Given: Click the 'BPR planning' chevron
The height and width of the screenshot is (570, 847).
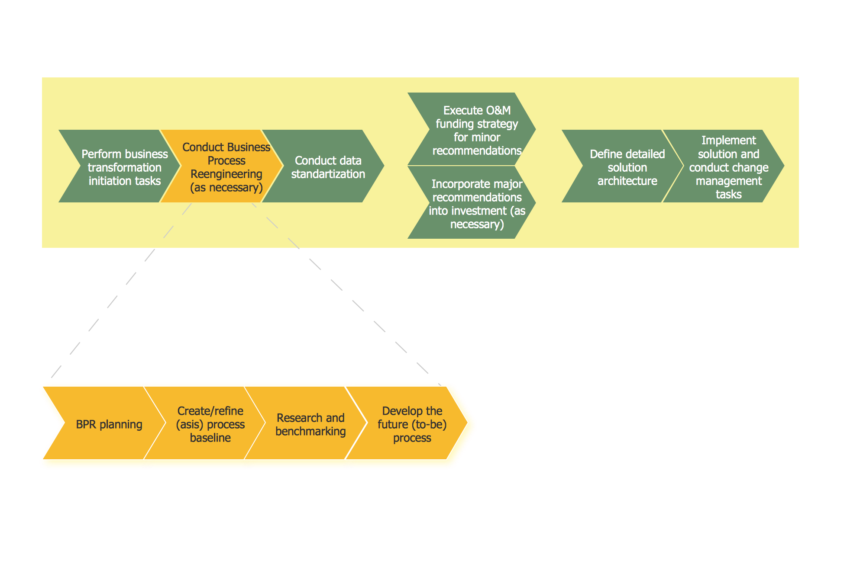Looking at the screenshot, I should (x=109, y=424).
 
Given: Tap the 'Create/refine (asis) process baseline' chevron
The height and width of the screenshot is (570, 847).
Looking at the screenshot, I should (x=210, y=424).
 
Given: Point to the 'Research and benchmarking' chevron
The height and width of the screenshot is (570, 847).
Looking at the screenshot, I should (x=310, y=424).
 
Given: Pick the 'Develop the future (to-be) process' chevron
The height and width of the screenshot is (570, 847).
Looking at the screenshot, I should (x=412, y=424).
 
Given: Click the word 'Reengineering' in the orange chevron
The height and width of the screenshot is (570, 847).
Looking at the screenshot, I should (x=226, y=174).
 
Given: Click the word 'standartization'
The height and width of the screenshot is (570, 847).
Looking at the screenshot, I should (x=328, y=174).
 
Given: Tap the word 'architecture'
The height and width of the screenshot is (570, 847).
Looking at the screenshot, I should (x=627, y=181).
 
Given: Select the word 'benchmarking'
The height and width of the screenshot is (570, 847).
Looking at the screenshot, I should (x=310, y=431).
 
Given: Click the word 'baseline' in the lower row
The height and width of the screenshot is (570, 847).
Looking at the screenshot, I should (x=210, y=438).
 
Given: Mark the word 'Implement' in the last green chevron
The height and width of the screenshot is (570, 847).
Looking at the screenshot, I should (x=728, y=140).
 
